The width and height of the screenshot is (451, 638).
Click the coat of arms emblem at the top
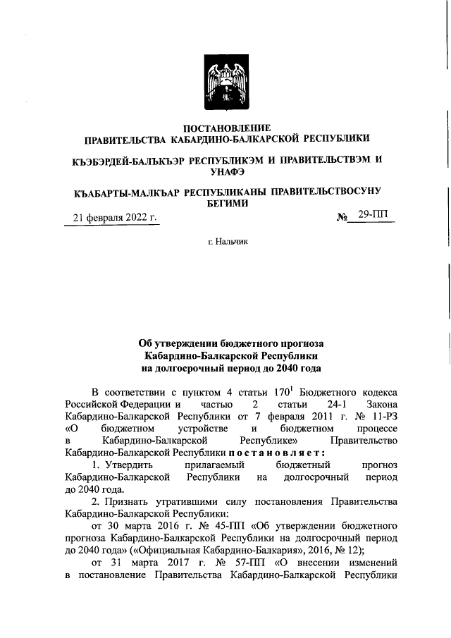click(226, 82)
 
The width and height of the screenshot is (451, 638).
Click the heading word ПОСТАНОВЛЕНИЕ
click(226, 128)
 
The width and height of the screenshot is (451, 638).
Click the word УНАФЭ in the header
click(227, 171)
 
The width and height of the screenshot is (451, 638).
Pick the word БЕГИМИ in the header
click(227, 203)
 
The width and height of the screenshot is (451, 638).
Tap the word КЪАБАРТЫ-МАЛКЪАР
click(126, 192)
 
